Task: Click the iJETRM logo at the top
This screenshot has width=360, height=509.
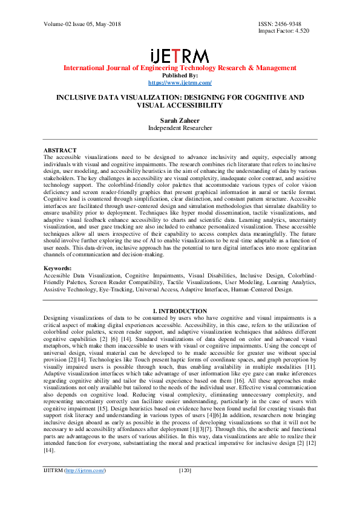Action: tap(180, 56)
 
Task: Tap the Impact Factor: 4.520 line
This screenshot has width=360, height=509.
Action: tap(284, 30)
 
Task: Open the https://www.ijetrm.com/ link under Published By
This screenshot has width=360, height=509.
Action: tap(180, 82)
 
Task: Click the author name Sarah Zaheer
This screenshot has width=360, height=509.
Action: tap(180, 120)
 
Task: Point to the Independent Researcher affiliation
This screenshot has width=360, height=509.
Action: tap(180, 128)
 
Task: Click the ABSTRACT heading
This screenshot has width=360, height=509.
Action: tap(60, 150)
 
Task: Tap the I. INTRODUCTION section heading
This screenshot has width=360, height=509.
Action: tap(180, 311)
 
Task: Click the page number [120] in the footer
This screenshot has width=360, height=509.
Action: tap(186, 487)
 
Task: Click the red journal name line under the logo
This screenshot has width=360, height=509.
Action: tap(180, 68)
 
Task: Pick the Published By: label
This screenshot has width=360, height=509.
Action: tap(180, 75)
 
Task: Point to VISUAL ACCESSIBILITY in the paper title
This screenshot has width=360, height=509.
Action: tap(180, 105)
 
